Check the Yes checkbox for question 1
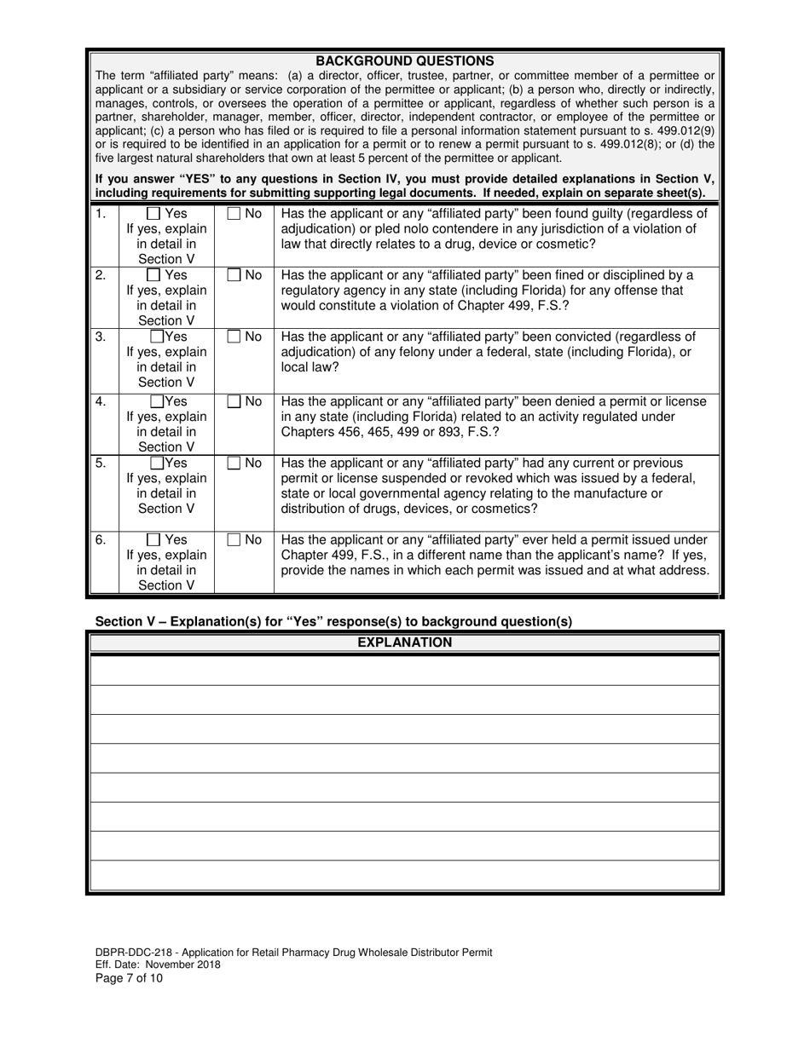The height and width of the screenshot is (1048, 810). [154, 214]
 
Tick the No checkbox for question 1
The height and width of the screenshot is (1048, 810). [234, 214]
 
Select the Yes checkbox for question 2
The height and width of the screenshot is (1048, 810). [154, 275]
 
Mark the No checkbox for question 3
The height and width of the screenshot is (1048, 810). [234, 337]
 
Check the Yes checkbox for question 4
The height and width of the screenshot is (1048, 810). [157, 401]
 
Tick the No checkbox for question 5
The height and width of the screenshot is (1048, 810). [234, 464]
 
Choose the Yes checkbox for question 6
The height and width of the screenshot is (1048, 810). [154, 539]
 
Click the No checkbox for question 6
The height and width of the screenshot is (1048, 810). [234, 539]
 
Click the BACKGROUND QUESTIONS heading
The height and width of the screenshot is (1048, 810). [404, 61]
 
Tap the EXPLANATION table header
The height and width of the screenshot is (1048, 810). [404, 642]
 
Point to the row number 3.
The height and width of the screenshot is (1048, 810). [101, 337]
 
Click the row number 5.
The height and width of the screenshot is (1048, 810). [101, 464]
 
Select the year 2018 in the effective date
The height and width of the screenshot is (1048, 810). [207, 965]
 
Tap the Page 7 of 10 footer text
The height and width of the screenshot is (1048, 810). [129, 978]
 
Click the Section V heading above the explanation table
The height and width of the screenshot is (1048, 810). [333, 621]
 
